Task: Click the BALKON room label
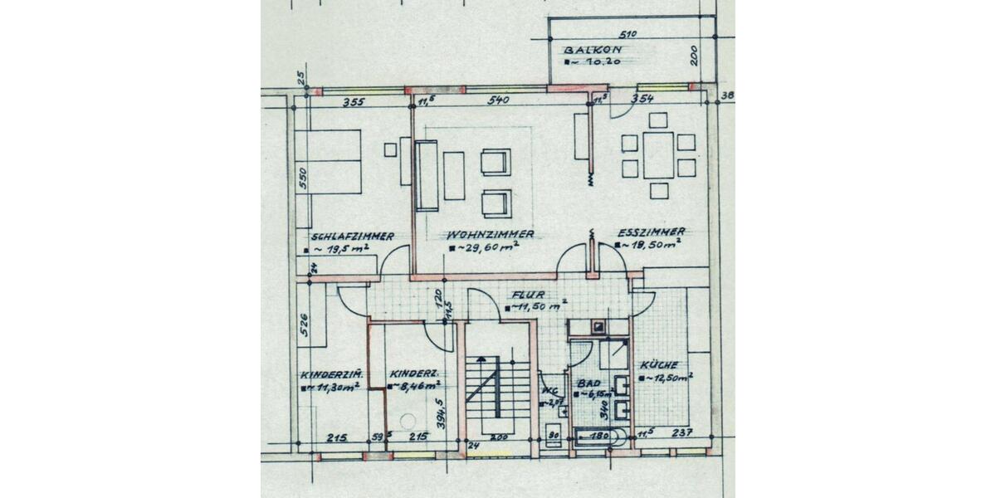click(592, 49)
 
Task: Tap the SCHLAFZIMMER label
click(353, 236)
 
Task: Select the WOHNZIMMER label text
click(490, 235)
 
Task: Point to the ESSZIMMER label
click(652, 232)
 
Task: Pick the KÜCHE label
click(659, 365)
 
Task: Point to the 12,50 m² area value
click(669, 377)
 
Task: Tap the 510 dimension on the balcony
click(628, 34)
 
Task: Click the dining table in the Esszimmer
click(658, 154)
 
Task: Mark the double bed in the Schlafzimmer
click(332, 161)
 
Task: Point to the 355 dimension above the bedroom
click(354, 103)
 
